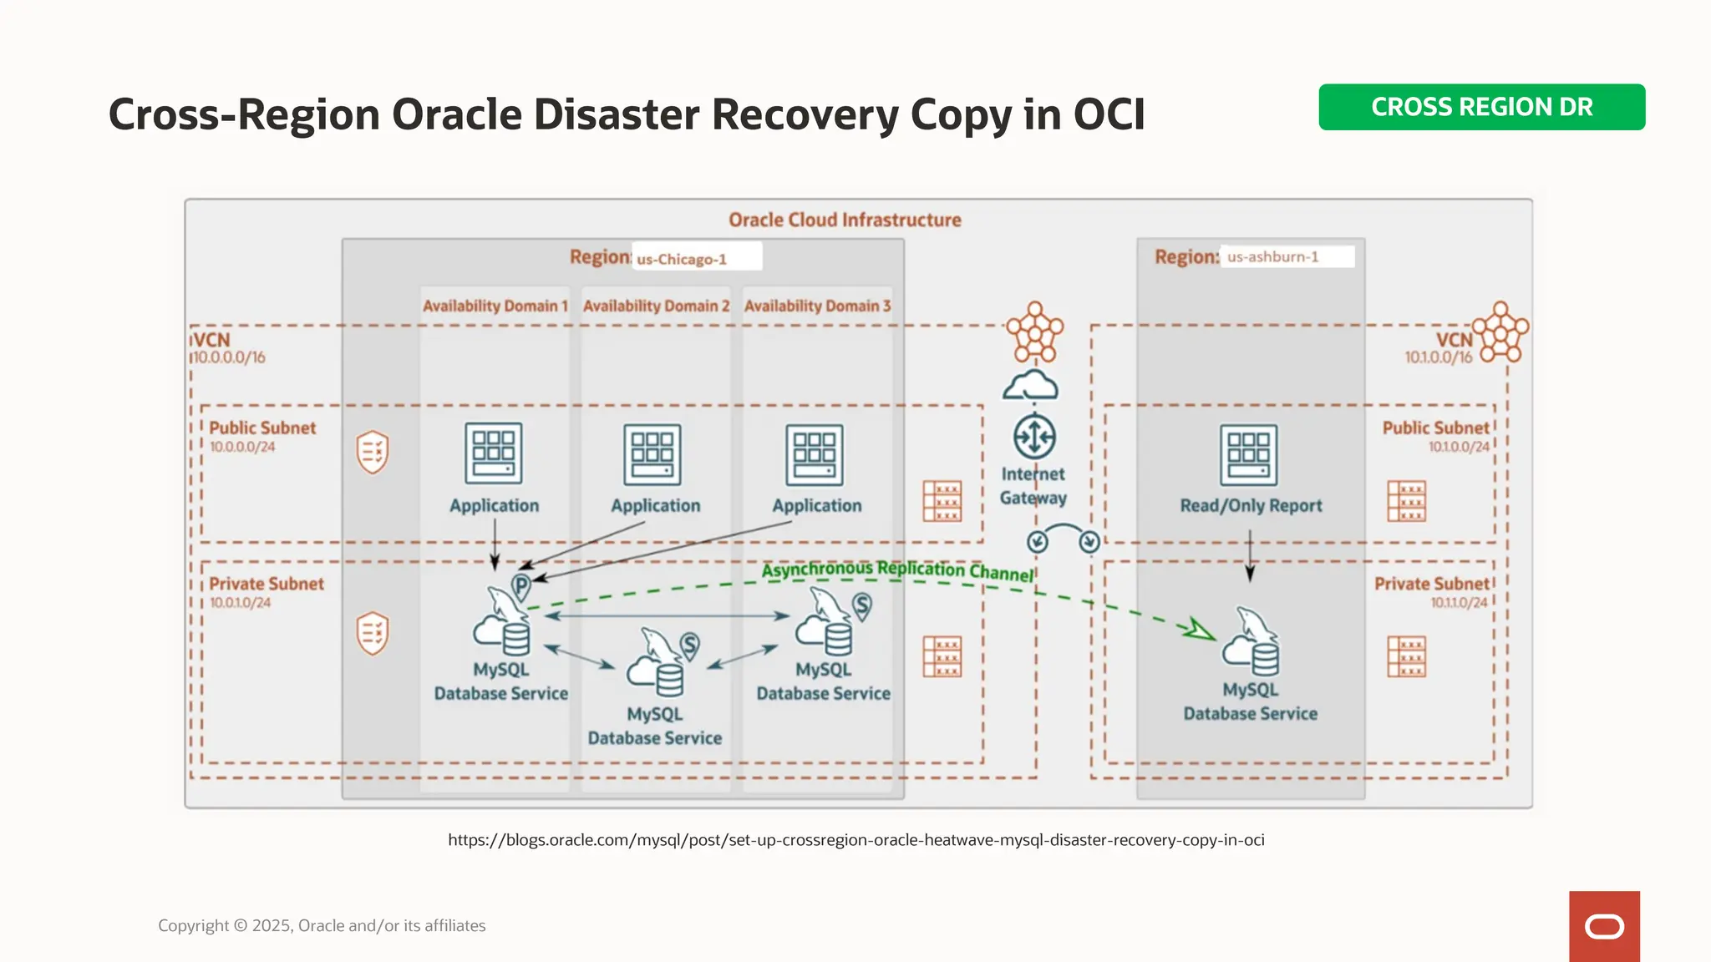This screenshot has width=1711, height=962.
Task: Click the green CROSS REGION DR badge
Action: click(1481, 107)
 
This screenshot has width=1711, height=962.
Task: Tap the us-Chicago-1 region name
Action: click(682, 259)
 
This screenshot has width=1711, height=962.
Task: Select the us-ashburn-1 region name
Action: click(1272, 256)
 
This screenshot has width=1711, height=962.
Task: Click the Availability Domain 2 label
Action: click(656, 306)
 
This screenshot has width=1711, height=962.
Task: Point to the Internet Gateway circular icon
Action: click(1034, 437)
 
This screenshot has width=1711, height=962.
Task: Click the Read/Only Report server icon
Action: click(1248, 455)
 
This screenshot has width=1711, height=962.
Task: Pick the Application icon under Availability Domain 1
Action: click(494, 453)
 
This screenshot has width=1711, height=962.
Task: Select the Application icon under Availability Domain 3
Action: click(815, 455)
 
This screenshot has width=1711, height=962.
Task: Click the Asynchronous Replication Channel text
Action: click(897, 570)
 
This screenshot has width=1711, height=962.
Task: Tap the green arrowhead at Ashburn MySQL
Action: click(1200, 630)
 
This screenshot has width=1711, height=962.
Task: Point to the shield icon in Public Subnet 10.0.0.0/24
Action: click(373, 452)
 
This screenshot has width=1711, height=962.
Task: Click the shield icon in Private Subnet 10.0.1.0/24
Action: click(373, 633)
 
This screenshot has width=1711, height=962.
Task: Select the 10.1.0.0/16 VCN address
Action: click(1438, 357)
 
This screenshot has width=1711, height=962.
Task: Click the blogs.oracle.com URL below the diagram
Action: click(855, 840)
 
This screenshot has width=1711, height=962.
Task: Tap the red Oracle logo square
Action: click(1604, 926)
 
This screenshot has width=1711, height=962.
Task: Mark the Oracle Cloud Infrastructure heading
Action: click(845, 220)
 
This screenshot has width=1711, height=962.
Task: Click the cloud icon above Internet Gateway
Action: click(1031, 386)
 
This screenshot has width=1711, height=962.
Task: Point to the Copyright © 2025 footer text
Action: click(322, 925)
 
